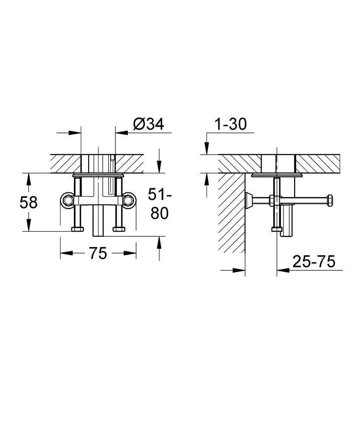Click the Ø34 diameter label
pos(148,124)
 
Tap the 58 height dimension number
pos(29,203)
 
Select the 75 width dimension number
pos(98,253)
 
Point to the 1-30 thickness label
pos(230,124)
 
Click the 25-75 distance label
pos(314,261)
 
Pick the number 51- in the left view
pos(160,194)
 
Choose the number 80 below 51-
pos(159,213)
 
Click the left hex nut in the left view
pos(68,200)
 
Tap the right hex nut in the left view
pos(128,200)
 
